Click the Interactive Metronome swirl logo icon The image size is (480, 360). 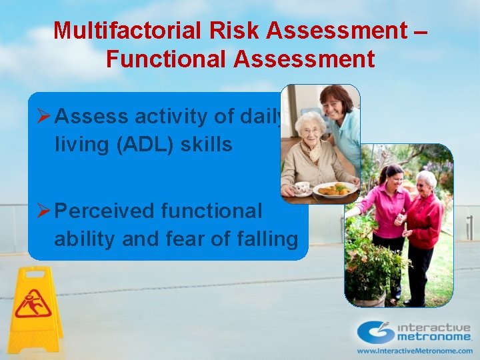[x=375, y=332]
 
